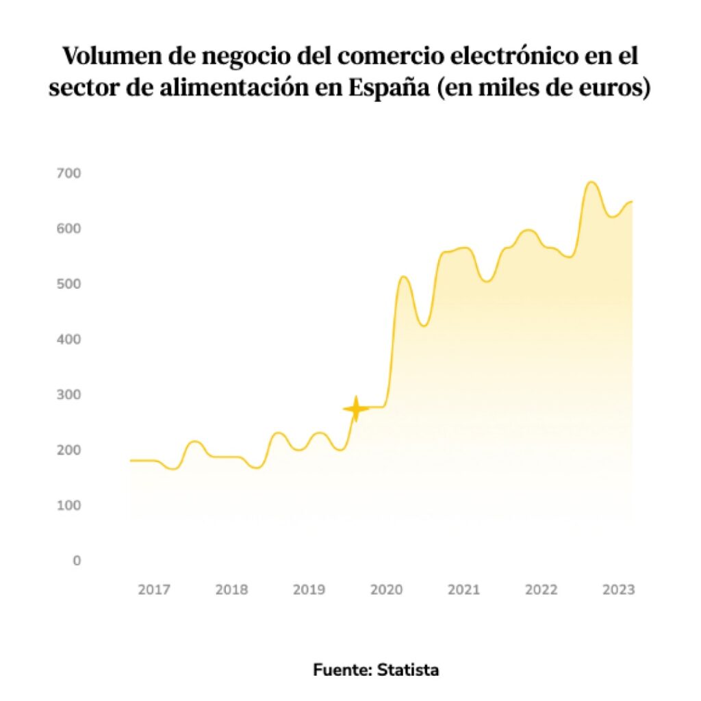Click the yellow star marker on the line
point(355,409)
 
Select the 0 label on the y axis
point(77,561)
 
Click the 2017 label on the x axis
point(154,589)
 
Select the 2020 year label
point(386,589)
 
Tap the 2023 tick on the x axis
point(619,589)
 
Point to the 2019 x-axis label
point(309,589)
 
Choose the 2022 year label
point(541,589)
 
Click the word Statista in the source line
point(408,670)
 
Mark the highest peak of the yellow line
point(591,182)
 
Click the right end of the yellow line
point(631,201)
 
